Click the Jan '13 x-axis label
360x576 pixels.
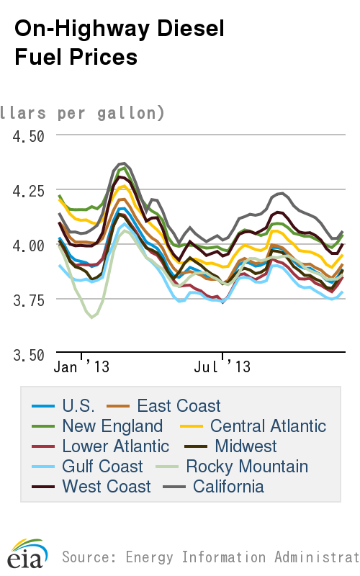82,367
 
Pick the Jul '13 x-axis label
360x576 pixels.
222,367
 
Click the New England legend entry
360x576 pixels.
112,426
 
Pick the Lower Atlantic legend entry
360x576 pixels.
116,446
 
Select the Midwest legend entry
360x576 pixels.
246,446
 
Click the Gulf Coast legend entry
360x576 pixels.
102,467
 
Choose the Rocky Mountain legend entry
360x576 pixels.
247,467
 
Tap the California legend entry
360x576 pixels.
228,487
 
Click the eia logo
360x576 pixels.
27,555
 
